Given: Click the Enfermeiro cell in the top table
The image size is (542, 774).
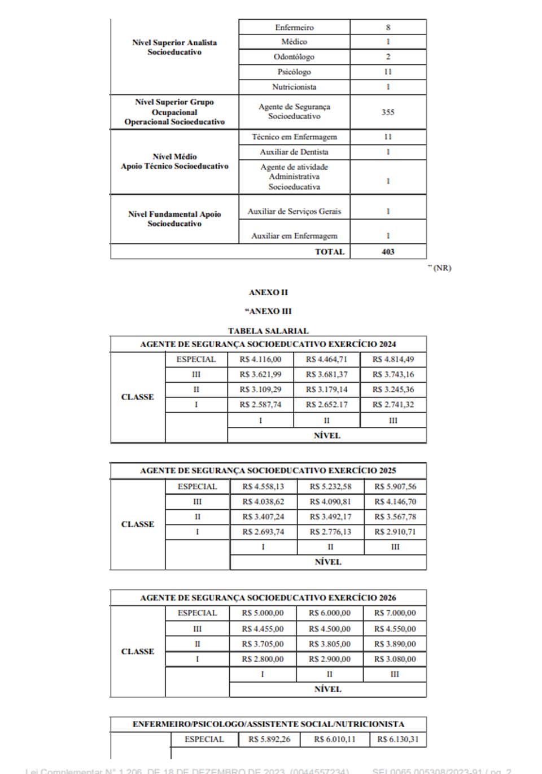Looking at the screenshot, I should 294,27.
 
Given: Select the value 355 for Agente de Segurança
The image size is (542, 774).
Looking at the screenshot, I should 388,112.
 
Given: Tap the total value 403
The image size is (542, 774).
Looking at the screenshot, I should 388,252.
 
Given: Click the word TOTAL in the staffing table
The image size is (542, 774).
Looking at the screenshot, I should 330,252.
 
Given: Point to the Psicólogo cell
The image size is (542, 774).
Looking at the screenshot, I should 294,72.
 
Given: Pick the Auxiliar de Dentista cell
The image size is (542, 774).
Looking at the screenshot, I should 294,152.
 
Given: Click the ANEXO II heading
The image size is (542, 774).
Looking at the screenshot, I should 268,292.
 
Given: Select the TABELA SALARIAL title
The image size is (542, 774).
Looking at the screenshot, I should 268,331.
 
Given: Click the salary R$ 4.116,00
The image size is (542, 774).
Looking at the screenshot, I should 260,359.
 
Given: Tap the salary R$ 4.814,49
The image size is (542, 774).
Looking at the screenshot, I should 393,359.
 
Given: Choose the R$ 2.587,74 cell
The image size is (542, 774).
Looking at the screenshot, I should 260,404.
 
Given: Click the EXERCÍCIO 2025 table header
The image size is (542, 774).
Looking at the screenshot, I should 268,470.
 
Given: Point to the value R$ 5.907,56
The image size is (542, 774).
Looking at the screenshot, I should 395,486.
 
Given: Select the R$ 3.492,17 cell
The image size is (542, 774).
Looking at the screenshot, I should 330,517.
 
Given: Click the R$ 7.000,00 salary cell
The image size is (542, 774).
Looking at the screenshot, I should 395,613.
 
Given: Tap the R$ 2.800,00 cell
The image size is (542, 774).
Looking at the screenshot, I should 263,659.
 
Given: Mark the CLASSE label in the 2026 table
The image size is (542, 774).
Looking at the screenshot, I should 138,651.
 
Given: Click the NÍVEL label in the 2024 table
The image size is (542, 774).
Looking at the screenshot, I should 327,435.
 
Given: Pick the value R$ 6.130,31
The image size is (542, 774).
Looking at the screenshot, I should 398,739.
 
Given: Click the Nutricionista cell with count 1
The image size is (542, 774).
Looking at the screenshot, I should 294,87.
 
